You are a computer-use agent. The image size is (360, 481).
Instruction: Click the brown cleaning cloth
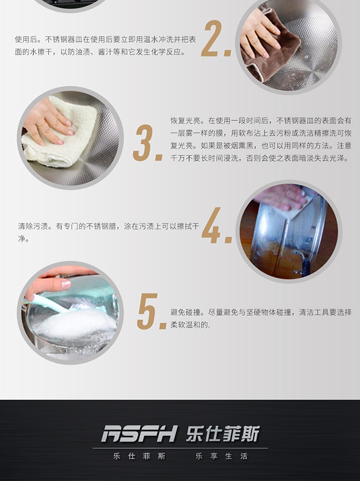point(270,49)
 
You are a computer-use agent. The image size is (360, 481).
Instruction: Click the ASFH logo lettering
point(140,434)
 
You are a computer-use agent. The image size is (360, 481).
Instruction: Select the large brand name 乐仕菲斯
point(223,434)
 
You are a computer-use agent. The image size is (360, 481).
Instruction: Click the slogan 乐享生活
point(221,456)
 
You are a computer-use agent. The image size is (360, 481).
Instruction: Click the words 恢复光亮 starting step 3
point(186,120)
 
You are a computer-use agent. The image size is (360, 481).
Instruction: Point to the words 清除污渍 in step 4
point(33,226)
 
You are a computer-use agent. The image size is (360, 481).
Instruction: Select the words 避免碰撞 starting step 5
point(186,312)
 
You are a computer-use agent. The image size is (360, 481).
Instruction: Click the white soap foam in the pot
point(75,324)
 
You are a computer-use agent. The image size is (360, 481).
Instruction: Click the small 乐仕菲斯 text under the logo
point(140,456)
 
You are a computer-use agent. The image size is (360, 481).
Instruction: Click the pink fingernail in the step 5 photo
point(66,285)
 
